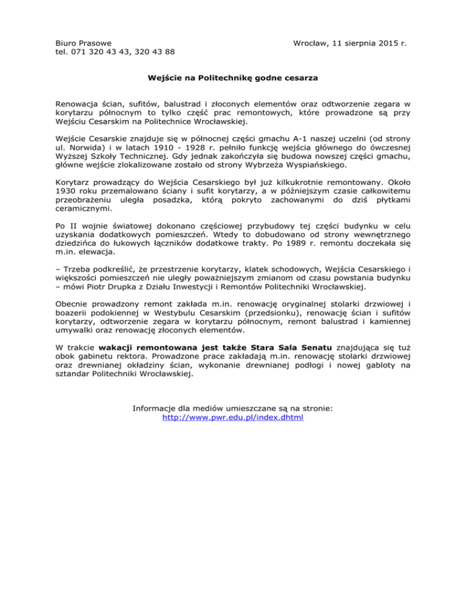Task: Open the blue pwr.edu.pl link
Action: [233, 417]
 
